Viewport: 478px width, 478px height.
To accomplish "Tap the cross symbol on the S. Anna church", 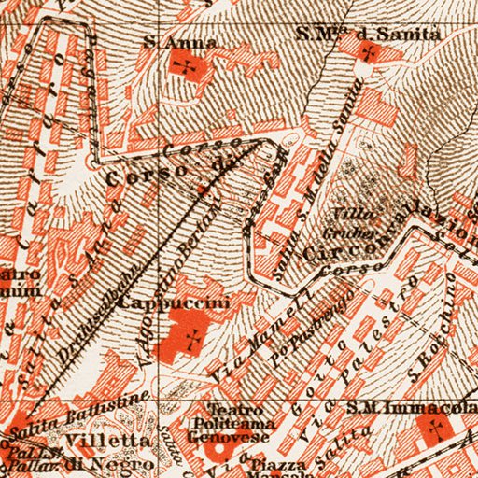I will click(x=189, y=68).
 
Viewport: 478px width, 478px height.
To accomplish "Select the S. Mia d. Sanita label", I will click(x=355, y=35).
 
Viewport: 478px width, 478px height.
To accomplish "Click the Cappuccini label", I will click(x=175, y=302).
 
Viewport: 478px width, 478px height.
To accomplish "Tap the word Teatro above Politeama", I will click(x=226, y=409).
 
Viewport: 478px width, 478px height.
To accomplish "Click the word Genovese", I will click(x=241, y=434).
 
